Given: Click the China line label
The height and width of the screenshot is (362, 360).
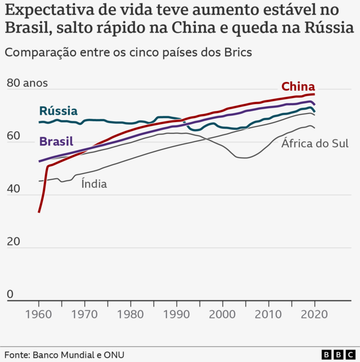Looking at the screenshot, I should pos(298,87).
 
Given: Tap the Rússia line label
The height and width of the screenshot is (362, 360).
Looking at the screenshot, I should pos(58,111).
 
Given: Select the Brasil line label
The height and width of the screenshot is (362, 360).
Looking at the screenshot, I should pos(56,141).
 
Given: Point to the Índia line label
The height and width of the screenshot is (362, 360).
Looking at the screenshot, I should pos(94,183).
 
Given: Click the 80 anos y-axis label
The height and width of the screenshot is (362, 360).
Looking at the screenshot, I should pos(27,83).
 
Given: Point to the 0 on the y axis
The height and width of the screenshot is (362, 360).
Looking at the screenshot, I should pos(10,294).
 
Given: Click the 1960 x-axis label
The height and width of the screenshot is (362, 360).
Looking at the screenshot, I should pos(39,314).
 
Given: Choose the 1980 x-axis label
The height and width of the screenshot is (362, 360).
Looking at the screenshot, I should pos(131,314).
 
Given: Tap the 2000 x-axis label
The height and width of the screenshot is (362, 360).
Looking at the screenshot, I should pos(223,314).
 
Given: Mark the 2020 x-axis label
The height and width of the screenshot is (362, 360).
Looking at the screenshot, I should pos(314,314).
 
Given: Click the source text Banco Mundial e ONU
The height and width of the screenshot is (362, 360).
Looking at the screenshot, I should pos(79,355).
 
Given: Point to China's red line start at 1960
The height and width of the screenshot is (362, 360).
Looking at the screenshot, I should pos(39,212).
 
